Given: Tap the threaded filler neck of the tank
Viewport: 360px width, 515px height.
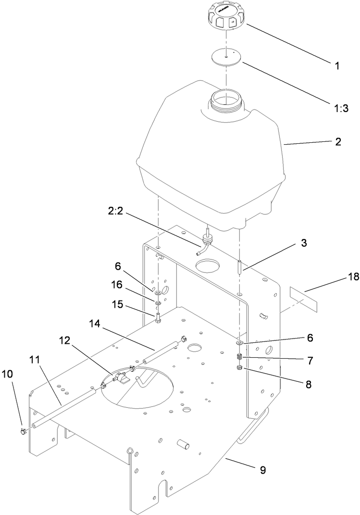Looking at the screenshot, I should tap(224, 102).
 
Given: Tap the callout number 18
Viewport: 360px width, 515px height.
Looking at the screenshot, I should tap(339, 277).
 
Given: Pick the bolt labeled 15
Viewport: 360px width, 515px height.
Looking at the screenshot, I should tap(158, 320).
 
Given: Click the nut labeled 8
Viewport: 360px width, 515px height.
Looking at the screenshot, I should tap(239, 369).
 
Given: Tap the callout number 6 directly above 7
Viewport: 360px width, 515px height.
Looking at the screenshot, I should tap(310, 338).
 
